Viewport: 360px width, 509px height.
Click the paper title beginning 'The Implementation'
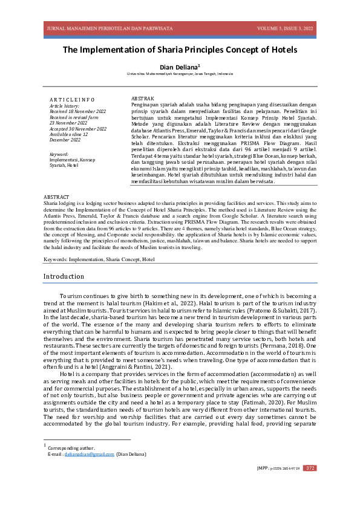[x=180, y=50]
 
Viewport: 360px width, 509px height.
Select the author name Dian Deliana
[x=178, y=66]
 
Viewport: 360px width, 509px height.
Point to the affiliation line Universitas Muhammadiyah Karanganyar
[x=180, y=74]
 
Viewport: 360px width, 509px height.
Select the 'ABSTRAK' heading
[x=143, y=98]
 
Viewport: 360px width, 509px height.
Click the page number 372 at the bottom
[x=310, y=468]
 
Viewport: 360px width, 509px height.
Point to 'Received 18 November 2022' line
[x=77, y=111]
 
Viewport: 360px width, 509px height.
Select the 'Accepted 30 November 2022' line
[x=78, y=128]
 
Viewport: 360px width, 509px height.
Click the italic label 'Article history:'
[x=65, y=106]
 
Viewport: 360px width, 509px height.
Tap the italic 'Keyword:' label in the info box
[x=59, y=154]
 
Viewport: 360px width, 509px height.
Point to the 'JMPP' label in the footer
[x=263, y=468]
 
